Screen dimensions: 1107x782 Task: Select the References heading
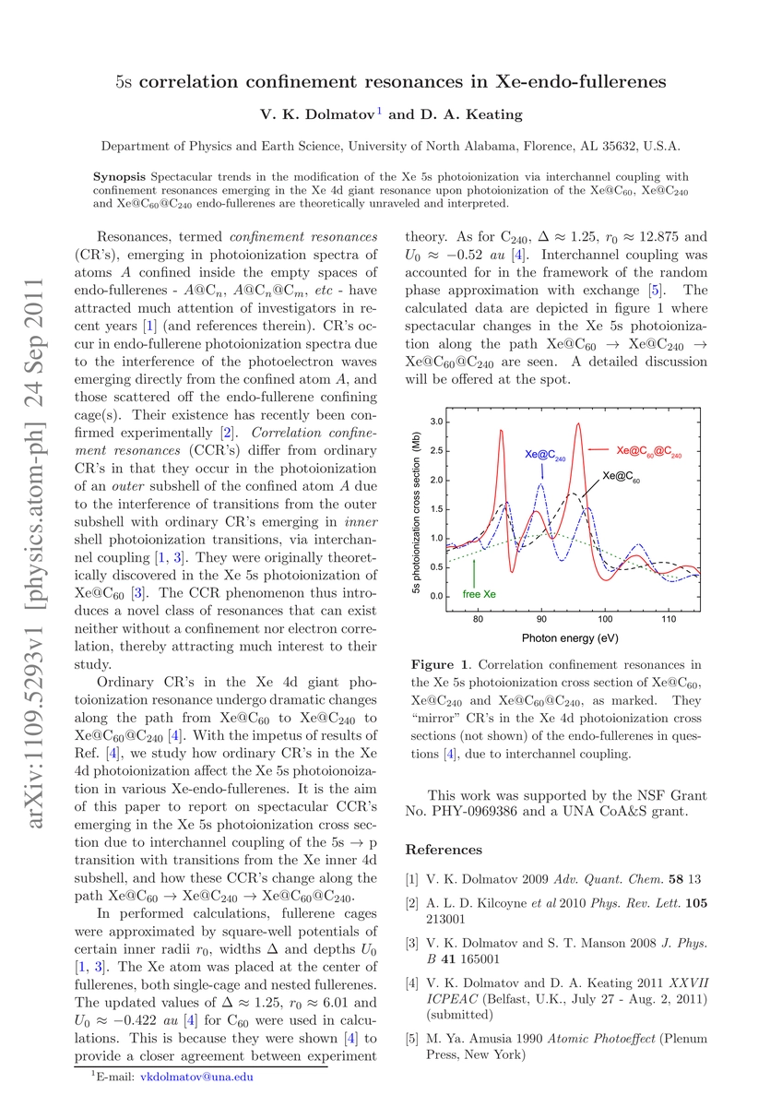444,849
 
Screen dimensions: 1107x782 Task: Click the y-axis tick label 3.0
438,422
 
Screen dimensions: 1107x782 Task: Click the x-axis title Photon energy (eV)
569,637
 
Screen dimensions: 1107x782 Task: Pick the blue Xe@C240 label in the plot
545,455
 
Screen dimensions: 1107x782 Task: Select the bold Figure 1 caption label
443,664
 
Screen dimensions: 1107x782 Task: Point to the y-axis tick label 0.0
438,596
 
